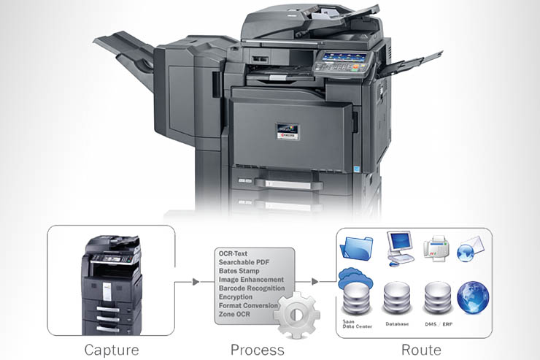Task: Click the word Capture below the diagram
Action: [x=111, y=349]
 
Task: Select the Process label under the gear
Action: [x=257, y=349]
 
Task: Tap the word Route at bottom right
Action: [x=421, y=349]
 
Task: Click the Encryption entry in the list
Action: [x=236, y=296]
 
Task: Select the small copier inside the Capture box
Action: [x=111, y=285]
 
